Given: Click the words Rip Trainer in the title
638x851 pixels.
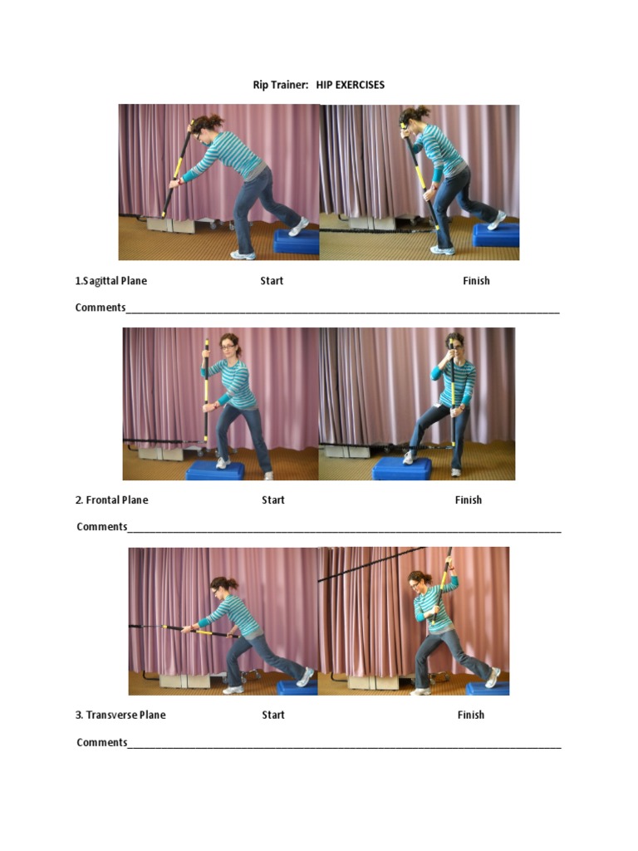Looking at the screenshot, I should pyautogui.click(x=281, y=85).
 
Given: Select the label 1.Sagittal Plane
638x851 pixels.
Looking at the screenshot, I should pyautogui.click(x=110, y=281).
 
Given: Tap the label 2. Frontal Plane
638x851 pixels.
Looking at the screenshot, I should pyautogui.click(x=111, y=500).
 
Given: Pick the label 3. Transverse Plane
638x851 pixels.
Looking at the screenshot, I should pyautogui.click(x=120, y=715).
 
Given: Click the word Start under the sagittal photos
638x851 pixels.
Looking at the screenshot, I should pyautogui.click(x=272, y=281).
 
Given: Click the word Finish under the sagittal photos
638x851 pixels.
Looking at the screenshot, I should pyautogui.click(x=476, y=281).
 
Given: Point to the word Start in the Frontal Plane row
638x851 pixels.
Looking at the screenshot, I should pyautogui.click(x=273, y=500).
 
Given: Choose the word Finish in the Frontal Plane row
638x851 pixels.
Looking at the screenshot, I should pyautogui.click(x=469, y=500).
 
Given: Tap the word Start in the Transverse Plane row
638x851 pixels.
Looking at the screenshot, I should pyautogui.click(x=273, y=715).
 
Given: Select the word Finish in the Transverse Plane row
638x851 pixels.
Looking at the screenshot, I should pyautogui.click(x=470, y=715).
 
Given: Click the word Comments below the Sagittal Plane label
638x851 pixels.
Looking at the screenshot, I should pyautogui.click(x=100, y=307).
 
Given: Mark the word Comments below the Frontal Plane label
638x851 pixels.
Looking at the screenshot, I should pyautogui.click(x=101, y=527).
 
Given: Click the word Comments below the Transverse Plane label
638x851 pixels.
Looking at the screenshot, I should pyautogui.click(x=101, y=742).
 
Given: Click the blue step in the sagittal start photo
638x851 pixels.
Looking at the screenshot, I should pyautogui.click(x=297, y=242).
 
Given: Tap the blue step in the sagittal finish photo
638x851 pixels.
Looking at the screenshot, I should pyautogui.click(x=496, y=235).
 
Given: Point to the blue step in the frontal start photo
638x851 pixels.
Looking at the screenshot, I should pyautogui.click(x=215, y=471).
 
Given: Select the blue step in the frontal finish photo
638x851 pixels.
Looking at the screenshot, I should pyautogui.click(x=401, y=470).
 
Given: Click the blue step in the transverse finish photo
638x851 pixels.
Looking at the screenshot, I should pyautogui.click(x=488, y=688).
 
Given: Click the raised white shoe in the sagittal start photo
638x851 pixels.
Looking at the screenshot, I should pyautogui.click(x=298, y=225).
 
